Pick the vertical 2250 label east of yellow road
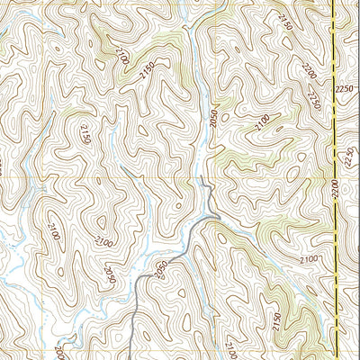pyautogui.click(x=351, y=158)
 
